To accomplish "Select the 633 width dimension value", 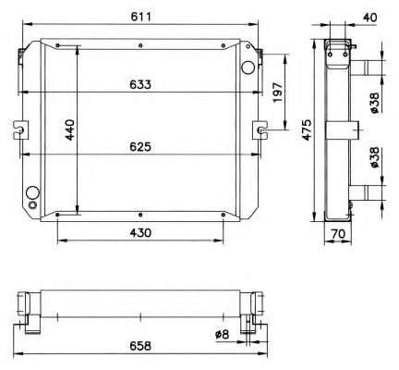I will [141, 84].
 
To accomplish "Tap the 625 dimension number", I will [141, 145].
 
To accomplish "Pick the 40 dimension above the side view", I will [369, 16].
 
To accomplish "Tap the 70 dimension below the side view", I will [339, 235].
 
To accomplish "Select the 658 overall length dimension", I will [141, 350].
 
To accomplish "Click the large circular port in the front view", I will [247, 68].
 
